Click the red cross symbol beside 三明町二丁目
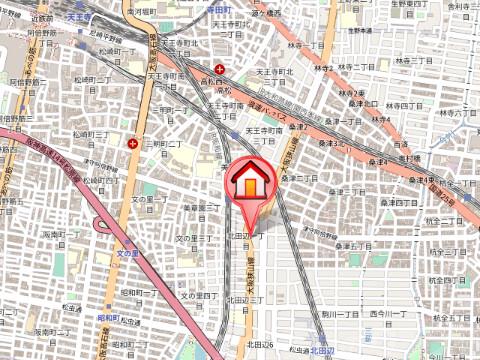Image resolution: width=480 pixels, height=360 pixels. pos(132,143)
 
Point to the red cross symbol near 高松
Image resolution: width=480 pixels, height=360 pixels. pos(219,69)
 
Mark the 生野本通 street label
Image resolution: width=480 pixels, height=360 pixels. pos(358,30)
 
